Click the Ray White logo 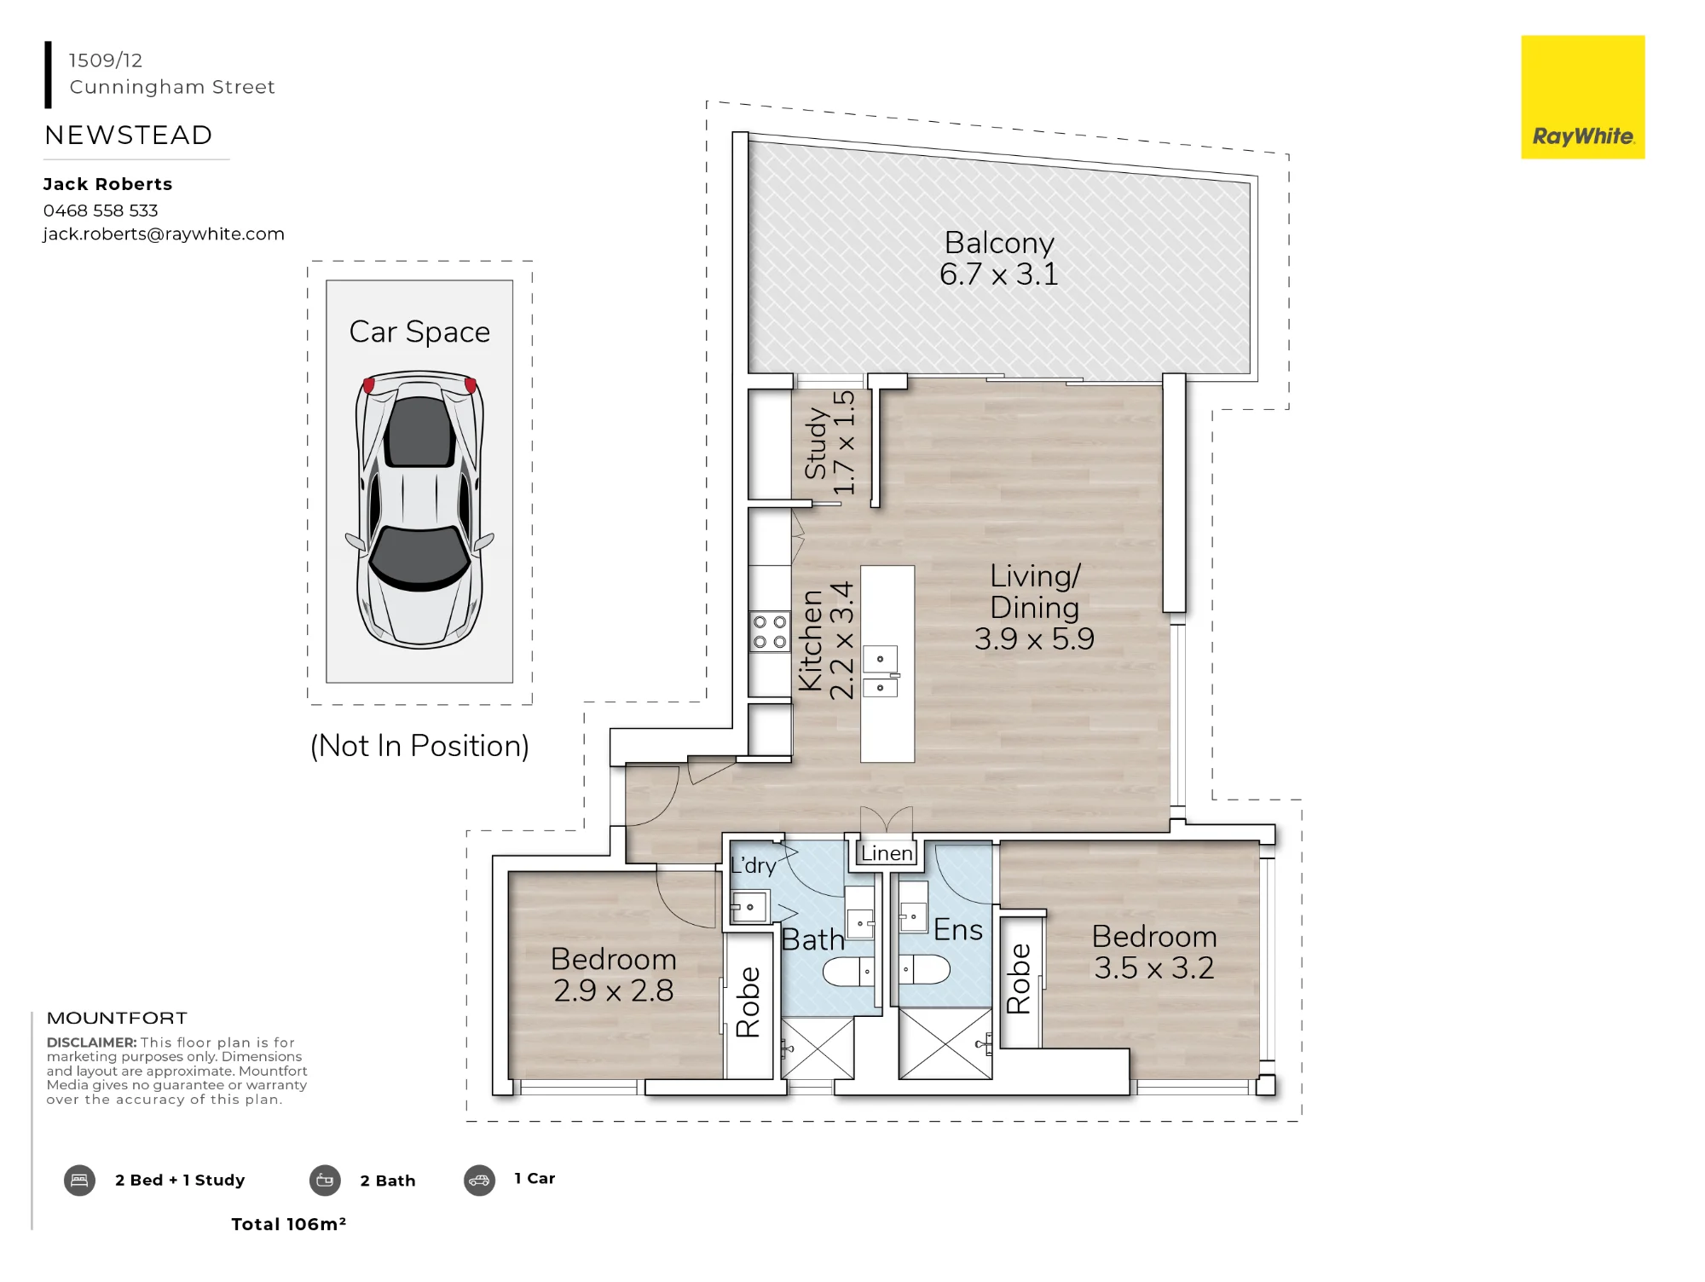click(x=1582, y=97)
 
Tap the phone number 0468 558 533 click(x=101, y=211)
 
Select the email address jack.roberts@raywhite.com click(x=164, y=234)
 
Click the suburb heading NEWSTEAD click(x=129, y=135)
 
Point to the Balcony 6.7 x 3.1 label click(x=999, y=258)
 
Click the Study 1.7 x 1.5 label click(x=829, y=443)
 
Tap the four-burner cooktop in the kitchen click(x=770, y=632)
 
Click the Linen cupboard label click(x=887, y=853)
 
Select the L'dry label click(x=754, y=865)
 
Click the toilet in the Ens click(x=924, y=969)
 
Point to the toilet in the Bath click(x=849, y=971)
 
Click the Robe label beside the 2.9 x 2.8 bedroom click(x=748, y=1002)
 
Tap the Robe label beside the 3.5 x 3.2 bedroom click(x=1019, y=979)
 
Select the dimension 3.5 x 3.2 click(x=1154, y=968)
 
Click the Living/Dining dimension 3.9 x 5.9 click(x=1034, y=638)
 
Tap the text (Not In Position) click(x=419, y=746)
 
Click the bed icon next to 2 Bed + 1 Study click(x=79, y=1181)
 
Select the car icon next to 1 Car click(x=479, y=1181)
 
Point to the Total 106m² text click(x=289, y=1224)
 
